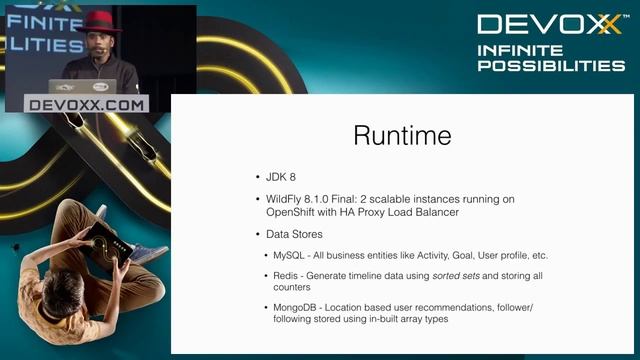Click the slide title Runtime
tap(402, 136)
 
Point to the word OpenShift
tap(281, 211)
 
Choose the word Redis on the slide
tap(287, 274)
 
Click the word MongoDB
tap(296, 306)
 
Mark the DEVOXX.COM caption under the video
tap(87, 103)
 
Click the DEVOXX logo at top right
tap(549, 24)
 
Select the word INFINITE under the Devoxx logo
tap(519, 50)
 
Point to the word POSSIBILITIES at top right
tap(550, 66)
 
